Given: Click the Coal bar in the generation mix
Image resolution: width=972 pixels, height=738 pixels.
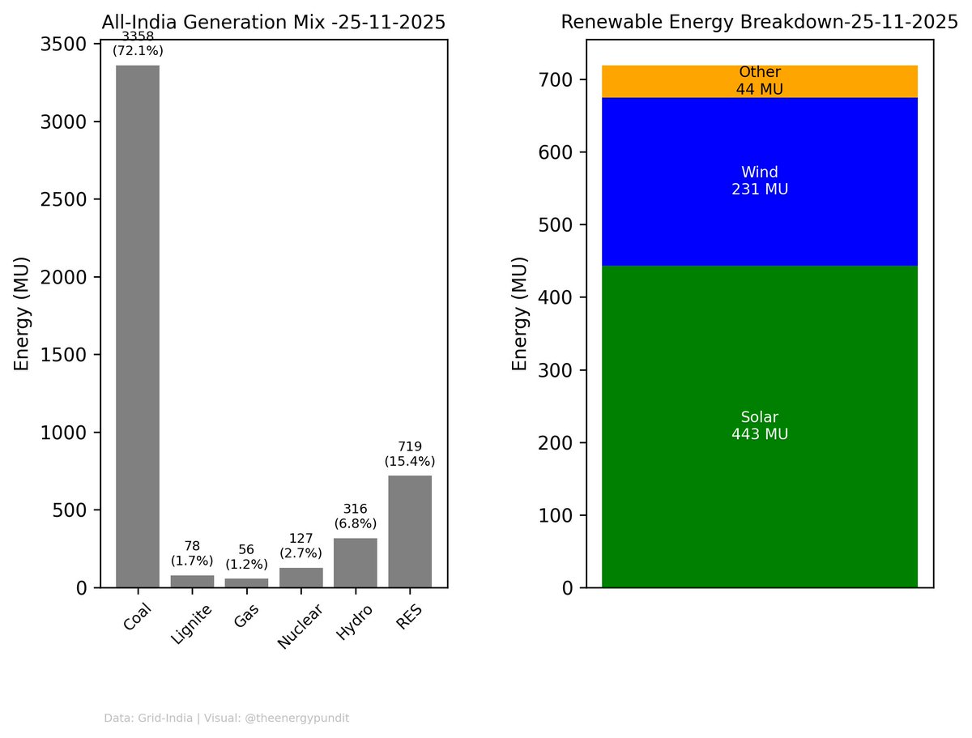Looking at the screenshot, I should click(x=138, y=324).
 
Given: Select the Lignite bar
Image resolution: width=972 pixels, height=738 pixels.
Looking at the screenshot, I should click(x=192, y=581).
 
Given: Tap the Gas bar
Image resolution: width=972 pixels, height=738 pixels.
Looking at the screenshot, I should click(x=246, y=582).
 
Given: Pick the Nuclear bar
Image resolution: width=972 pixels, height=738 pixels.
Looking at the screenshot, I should click(x=301, y=578).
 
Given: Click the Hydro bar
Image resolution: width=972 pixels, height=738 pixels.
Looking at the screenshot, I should click(x=355, y=563).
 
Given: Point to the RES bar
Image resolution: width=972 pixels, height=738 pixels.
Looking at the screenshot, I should click(x=409, y=531).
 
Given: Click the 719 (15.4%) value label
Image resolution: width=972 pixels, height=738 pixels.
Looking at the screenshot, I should click(x=409, y=454).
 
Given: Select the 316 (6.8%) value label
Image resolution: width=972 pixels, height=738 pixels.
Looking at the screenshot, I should click(x=355, y=516).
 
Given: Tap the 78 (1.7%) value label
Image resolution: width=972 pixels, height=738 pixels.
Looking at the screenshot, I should click(x=192, y=553).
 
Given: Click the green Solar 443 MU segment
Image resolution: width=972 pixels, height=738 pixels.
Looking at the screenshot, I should click(x=759, y=426).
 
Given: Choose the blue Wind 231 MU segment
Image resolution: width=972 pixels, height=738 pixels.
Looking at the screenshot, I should click(x=759, y=181).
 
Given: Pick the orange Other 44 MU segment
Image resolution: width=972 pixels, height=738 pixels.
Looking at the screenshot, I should click(x=759, y=81).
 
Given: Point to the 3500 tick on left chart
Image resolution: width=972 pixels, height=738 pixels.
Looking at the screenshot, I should click(x=65, y=44).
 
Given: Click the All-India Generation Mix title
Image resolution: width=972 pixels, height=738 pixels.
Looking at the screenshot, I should click(x=273, y=23).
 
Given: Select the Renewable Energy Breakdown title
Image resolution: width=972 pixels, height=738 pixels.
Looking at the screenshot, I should click(x=759, y=22).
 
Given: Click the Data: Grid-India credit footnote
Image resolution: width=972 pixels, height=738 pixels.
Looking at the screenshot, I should click(x=227, y=718).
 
